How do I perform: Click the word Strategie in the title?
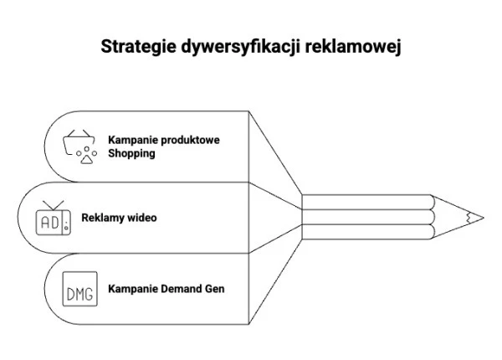pos(136,46)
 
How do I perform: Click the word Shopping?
pos(131,154)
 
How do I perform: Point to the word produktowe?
pos(190,140)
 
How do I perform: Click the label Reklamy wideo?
pos(119,218)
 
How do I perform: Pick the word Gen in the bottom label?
pos(214,289)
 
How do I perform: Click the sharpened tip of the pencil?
pos(479,217)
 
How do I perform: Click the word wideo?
pos(141,218)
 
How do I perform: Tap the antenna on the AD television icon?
pos(52,204)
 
